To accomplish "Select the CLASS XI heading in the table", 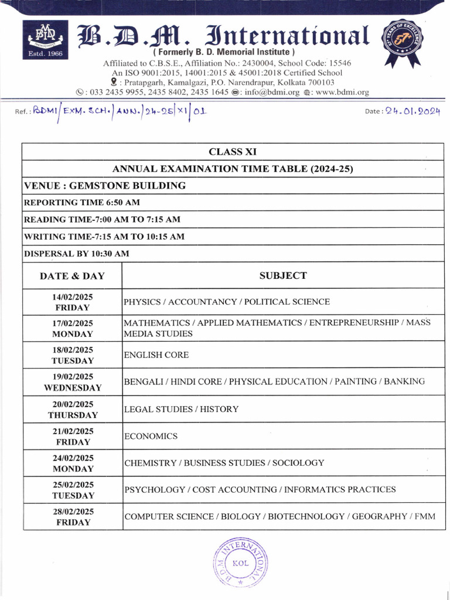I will (233, 152).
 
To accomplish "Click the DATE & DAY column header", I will (73, 275).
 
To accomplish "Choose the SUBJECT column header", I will (283, 275).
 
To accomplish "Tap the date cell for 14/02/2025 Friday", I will (73, 302).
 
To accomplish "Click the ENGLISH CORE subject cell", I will (156, 355).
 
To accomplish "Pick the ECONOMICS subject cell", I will (151, 437).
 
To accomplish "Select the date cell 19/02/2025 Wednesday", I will (73, 382).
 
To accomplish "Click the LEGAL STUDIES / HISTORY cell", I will (181, 409).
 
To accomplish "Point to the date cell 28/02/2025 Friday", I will (73, 517).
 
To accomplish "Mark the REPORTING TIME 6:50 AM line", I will (81, 202).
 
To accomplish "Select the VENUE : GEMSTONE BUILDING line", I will (105, 186).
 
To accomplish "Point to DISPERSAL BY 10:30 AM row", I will (76, 254).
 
